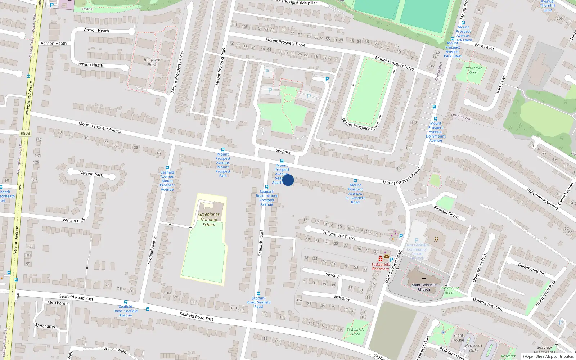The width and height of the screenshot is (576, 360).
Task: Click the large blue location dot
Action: click(x=288, y=180)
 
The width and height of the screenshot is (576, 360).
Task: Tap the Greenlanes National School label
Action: click(x=209, y=219)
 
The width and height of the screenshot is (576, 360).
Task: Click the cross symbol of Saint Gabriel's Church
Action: click(x=424, y=279)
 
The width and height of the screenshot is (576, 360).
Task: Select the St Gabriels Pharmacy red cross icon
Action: click(x=380, y=259)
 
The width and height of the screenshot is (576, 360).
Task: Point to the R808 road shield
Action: click(x=25, y=133)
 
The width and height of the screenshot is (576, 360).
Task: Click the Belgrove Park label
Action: click(x=152, y=62)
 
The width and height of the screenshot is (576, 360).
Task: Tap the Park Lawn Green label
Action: click(x=474, y=70)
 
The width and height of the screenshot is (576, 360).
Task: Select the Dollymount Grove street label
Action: click(x=339, y=235)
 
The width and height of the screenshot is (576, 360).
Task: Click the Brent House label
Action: click(x=458, y=338)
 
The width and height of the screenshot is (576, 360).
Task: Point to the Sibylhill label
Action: click(x=86, y=9)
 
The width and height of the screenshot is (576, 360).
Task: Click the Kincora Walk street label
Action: click(x=114, y=350)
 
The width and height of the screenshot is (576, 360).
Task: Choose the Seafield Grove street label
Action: click(x=446, y=212)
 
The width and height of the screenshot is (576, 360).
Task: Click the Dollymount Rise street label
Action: click(x=532, y=269)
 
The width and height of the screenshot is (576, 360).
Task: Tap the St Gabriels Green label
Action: click(x=355, y=332)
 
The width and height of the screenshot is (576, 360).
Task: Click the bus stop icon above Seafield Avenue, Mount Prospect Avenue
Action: click(x=167, y=167)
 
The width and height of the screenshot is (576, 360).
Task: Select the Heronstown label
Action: click(x=461, y=117)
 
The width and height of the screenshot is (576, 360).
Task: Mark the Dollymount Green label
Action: click(x=450, y=290)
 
